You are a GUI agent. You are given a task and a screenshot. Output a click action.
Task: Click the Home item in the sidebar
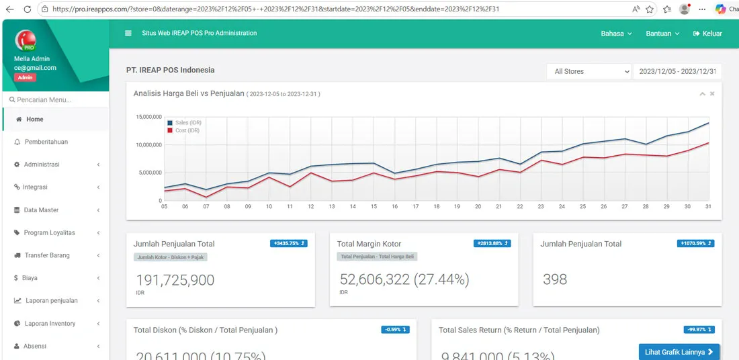[34, 120]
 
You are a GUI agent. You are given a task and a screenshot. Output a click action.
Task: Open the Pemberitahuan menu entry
[46, 142]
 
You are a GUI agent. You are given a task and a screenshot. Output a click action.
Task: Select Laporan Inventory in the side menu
[50, 324]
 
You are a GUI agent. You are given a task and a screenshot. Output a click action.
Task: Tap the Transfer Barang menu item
[47, 256]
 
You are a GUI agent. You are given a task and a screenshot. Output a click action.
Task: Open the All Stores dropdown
[590, 71]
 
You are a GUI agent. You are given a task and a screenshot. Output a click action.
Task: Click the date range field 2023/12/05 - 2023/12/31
[677, 71]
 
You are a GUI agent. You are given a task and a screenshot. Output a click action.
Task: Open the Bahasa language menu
[616, 34]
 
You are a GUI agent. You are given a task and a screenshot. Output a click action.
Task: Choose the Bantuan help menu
[662, 34]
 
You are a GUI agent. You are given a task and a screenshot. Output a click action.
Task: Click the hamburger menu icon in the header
[128, 34]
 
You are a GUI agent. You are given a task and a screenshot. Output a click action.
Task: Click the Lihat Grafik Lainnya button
[679, 352]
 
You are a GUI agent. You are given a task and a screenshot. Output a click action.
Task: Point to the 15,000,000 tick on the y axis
[148, 117]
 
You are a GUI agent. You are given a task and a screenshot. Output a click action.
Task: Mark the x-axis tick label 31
[708, 207]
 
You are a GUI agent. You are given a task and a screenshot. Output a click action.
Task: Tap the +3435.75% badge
[289, 243]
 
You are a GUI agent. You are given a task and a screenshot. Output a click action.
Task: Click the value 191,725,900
[175, 280]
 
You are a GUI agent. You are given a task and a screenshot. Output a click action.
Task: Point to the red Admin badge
[25, 78]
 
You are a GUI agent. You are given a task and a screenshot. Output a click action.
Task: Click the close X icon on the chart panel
[712, 94]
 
